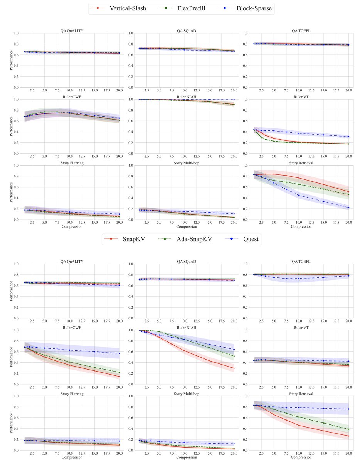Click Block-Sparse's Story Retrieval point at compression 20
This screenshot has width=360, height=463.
(348, 208)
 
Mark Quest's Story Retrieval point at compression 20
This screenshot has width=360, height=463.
(348, 409)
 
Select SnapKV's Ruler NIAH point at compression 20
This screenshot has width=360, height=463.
(234, 368)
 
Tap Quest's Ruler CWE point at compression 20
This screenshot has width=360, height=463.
(119, 353)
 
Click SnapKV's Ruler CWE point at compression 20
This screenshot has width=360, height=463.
(119, 377)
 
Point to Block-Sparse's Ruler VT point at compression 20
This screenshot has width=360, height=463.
(348, 137)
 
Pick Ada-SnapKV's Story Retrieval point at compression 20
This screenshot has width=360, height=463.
(348, 429)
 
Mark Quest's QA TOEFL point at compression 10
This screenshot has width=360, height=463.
(298, 279)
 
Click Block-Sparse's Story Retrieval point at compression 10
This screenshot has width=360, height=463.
(298, 195)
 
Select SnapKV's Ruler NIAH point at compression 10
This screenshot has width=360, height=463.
(183, 351)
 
